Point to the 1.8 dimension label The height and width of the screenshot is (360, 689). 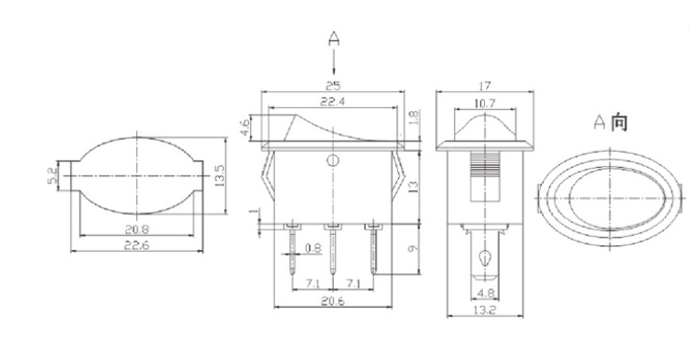point(415,119)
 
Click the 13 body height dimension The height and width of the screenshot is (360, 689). point(415,186)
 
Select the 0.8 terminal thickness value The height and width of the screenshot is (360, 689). point(314,249)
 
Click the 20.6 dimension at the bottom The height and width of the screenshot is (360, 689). point(333,301)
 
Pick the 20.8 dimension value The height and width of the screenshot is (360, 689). point(136,227)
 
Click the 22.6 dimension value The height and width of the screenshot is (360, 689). point(136,246)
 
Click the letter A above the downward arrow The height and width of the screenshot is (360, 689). point(333,38)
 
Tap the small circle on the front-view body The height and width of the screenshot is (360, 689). point(332,162)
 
